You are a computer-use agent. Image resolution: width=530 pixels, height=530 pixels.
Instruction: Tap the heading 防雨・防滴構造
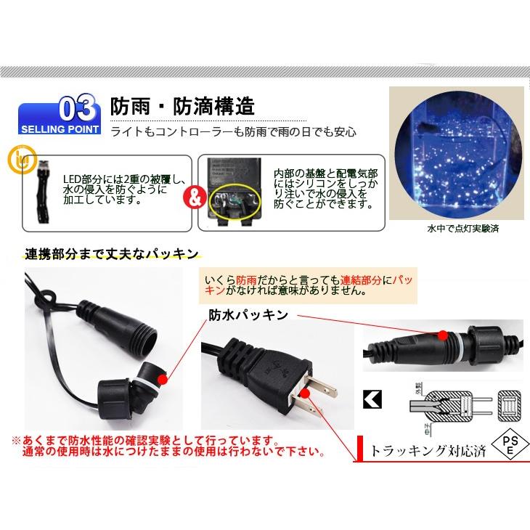tap(182, 107)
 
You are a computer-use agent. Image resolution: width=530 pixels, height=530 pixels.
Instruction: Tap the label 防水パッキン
tap(248, 314)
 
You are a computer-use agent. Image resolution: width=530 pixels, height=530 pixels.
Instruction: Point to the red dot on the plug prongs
tap(311, 392)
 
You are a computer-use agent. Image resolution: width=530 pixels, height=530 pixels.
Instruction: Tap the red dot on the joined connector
tap(444, 333)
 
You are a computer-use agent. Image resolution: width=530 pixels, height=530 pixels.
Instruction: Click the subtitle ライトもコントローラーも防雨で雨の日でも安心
tap(234, 133)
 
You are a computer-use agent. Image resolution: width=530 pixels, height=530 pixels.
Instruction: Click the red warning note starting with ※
tap(167, 447)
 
